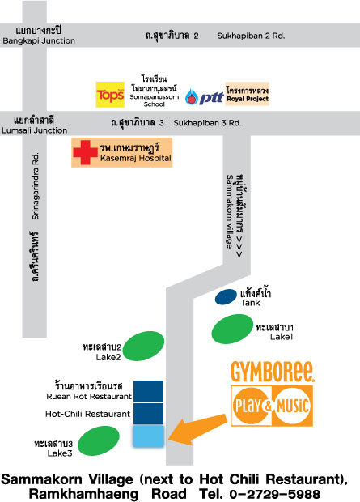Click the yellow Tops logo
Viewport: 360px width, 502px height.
coord(110,95)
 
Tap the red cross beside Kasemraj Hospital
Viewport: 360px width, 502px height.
coord(85,152)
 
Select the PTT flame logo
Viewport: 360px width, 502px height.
coord(191,96)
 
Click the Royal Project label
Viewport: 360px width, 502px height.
coord(248,94)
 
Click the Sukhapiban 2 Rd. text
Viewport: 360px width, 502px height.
coord(251,36)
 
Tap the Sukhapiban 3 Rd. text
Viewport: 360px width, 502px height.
coord(207,123)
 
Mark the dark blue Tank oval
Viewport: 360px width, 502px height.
coord(226,297)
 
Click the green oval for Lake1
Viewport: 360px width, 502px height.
coord(232,329)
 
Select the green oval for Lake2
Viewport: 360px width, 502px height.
coord(143,346)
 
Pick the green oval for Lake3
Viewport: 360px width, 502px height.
coord(99,440)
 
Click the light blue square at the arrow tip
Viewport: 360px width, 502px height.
coord(149,436)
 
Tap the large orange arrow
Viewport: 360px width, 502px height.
coord(197,430)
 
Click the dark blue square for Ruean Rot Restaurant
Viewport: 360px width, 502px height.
coord(149,391)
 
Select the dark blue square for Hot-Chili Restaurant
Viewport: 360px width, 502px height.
coord(149,414)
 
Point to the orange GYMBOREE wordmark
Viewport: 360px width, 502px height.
coord(273,372)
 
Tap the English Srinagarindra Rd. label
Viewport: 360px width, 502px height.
coord(36,186)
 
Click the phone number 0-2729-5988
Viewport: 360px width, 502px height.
coord(275,494)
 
